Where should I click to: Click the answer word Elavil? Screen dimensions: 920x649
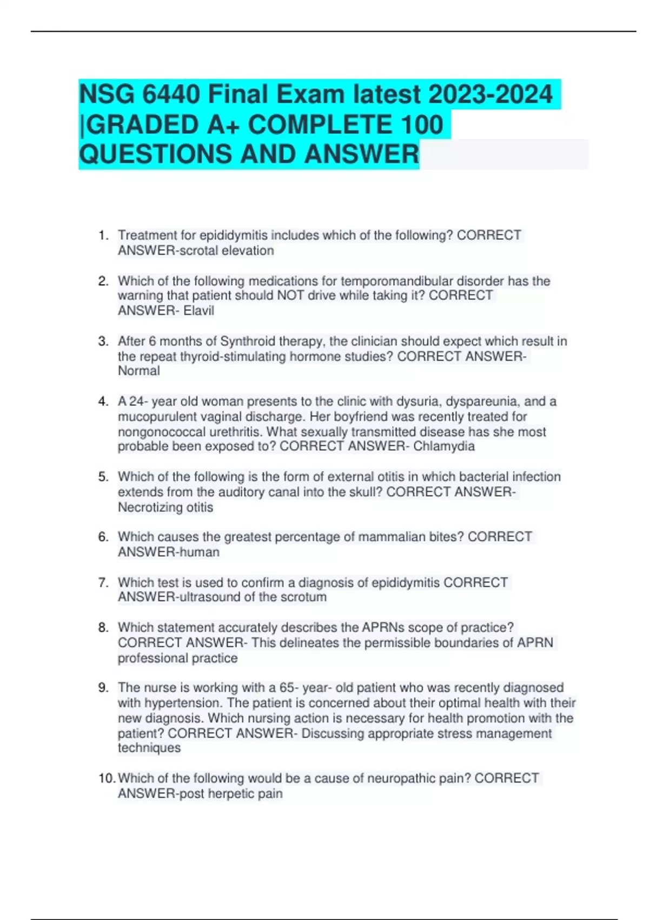click(x=198, y=311)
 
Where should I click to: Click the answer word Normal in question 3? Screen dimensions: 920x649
click(x=139, y=371)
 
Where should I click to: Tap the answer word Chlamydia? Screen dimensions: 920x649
click(x=444, y=446)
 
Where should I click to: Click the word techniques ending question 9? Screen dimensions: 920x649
click(x=149, y=748)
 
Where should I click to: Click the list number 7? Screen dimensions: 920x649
click(x=103, y=582)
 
